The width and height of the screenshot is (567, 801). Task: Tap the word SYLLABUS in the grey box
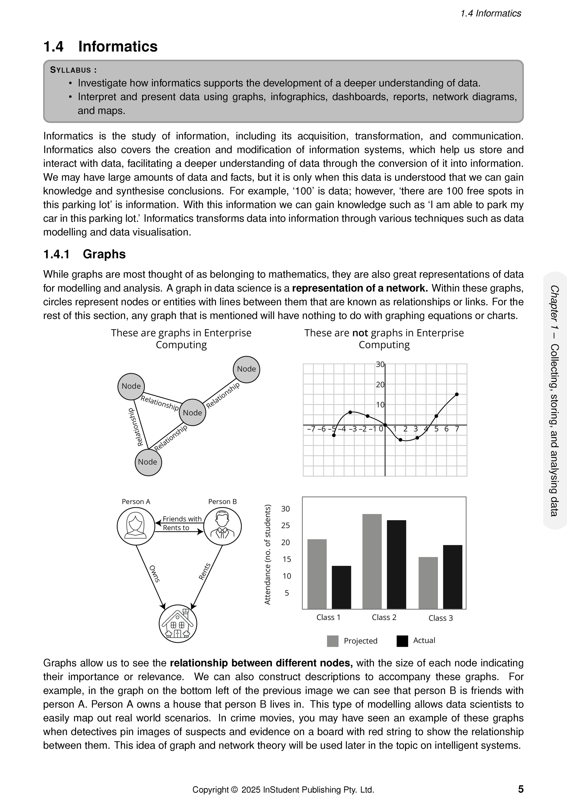click(x=71, y=70)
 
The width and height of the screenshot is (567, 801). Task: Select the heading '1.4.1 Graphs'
click(x=84, y=254)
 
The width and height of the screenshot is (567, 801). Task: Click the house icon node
click(x=178, y=623)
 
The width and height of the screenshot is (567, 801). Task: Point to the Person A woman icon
click(x=136, y=526)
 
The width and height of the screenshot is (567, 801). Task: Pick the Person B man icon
click(x=222, y=526)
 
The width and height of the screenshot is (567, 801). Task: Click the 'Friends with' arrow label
click(x=182, y=519)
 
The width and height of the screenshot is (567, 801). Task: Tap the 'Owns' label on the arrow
click(x=154, y=574)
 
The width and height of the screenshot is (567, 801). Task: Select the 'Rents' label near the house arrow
click(x=205, y=571)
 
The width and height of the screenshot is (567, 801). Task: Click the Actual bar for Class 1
click(x=341, y=587)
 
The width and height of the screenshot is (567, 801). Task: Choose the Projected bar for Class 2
click(x=372, y=561)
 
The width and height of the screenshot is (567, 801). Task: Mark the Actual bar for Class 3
click(x=452, y=577)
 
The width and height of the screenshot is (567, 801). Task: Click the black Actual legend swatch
click(x=402, y=641)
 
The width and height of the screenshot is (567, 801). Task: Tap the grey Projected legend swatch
click(x=333, y=641)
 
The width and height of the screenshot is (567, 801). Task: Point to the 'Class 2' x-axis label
click(x=384, y=617)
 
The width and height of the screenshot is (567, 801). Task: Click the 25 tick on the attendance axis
click(x=286, y=525)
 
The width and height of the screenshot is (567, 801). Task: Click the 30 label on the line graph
click(x=380, y=364)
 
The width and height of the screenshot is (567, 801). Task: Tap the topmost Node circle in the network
click(x=246, y=369)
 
